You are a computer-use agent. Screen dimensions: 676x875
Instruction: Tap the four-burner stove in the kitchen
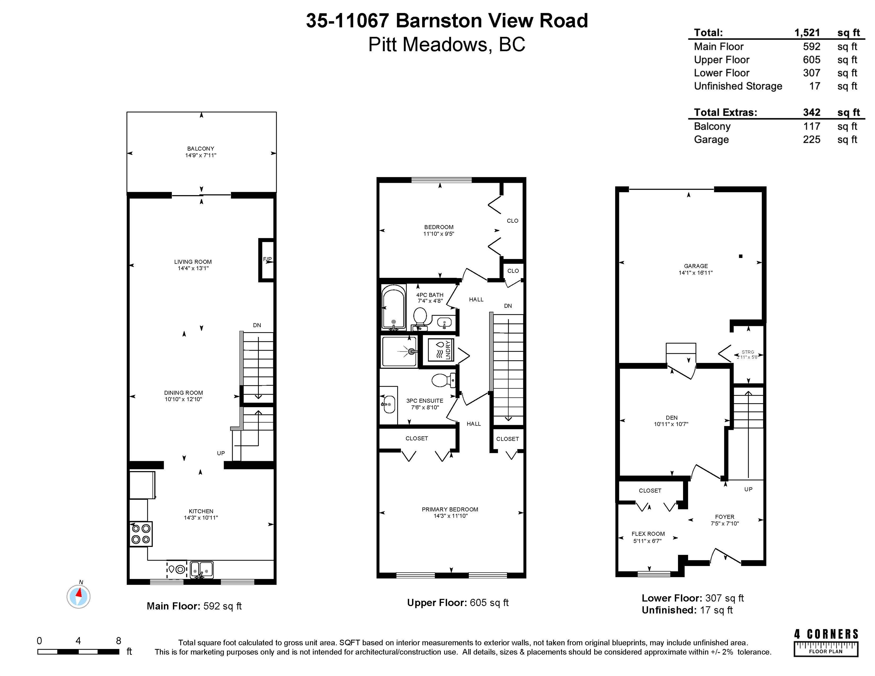(x=141, y=533)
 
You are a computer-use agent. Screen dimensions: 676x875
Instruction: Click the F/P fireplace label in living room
(x=267, y=259)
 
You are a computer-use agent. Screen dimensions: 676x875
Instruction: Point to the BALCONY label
(x=201, y=148)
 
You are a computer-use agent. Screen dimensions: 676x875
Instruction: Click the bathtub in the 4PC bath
(x=393, y=307)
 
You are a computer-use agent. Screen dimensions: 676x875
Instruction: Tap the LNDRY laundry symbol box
(x=441, y=350)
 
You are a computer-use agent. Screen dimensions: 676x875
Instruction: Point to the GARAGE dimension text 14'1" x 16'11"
(x=696, y=273)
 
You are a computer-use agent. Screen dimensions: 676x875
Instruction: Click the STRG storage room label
(x=748, y=352)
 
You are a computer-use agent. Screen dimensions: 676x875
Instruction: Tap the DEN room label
(x=672, y=418)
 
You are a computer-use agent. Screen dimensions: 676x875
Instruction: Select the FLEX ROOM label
(x=648, y=534)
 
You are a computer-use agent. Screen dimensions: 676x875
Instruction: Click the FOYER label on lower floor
(x=724, y=517)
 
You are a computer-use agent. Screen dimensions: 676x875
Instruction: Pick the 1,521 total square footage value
(x=807, y=33)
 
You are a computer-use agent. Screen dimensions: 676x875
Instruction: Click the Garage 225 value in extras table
(x=811, y=139)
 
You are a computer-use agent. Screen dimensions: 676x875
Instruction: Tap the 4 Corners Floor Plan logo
(x=826, y=643)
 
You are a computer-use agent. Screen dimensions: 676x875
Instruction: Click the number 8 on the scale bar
(x=119, y=641)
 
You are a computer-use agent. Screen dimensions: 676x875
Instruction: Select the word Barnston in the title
(x=439, y=21)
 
